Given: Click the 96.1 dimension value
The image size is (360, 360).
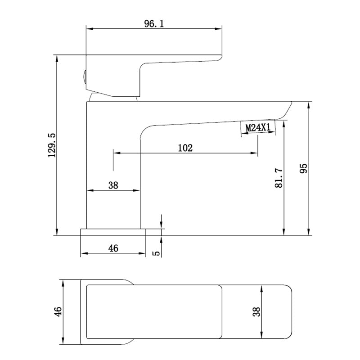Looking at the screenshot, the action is [154, 24].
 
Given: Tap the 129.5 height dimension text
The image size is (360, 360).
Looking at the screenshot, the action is [52, 145].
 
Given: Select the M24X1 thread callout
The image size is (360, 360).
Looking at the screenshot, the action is [258, 127].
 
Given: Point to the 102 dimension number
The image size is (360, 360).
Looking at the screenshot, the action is [185, 148].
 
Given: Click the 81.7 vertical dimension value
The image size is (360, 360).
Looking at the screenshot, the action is [279, 178].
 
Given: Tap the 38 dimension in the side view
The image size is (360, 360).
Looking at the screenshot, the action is [113, 185].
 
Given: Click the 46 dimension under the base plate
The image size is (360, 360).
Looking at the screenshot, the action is [113, 248].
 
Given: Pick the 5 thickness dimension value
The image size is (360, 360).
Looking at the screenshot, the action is [156, 253].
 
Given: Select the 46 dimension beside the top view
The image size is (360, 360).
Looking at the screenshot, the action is [58, 311].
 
